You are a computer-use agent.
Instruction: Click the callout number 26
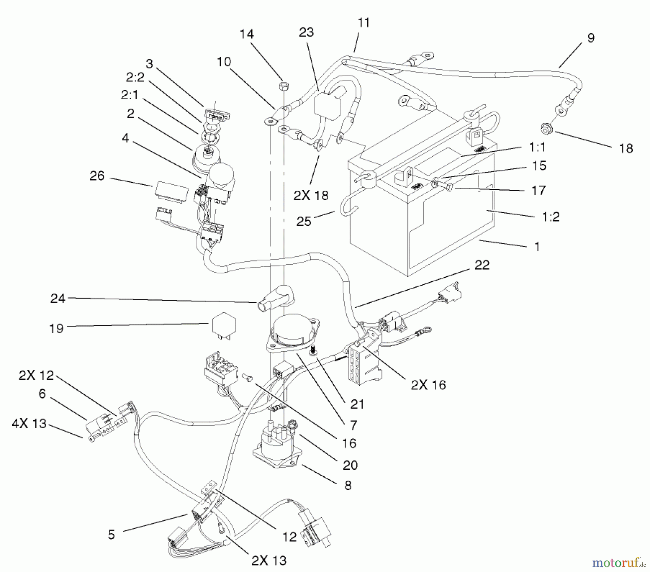click(x=97, y=176)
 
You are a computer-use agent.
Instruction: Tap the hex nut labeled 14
click(x=283, y=86)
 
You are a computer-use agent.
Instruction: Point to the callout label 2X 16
click(x=428, y=385)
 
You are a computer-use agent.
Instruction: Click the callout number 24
click(x=58, y=298)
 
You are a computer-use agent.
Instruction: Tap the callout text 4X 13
click(x=29, y=424)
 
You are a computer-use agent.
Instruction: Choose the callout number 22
click(x=482, y=265)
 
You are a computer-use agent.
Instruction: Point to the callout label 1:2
click(x=551, y=217)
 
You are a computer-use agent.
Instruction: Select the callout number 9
click(x=590, y=38)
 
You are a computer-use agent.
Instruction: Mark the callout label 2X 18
click(x=311, y=195)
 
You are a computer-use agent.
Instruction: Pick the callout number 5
click(x=111, y=534)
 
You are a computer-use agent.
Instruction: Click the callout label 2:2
click(x=135, y=77)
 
